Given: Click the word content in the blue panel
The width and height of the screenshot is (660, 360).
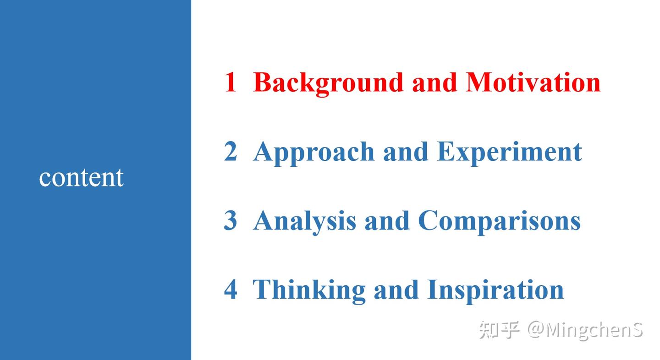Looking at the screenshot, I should pyautogui.click(x=81, y=178).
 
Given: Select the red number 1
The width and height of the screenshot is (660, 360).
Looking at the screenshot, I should pyautogui.click(x=230, y=82).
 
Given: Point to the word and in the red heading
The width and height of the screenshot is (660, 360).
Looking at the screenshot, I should pyautogui.click(x=434, y=82).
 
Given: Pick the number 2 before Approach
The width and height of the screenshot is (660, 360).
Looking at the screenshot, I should pyautogui.click(x=231, y=152).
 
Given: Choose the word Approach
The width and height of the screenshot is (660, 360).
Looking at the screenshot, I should pyautogui.click(x=313, y=153).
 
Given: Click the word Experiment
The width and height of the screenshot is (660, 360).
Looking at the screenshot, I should pyautogui.click(x=509, y=153).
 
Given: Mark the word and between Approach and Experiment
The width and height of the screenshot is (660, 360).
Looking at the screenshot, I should pyautogui.click(x=406, y=152).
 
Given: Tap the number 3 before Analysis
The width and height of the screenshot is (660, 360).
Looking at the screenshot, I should pyautogui.click(x=231, y=220).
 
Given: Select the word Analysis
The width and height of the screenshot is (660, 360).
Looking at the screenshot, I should pyautogui.click(x=304, y=221).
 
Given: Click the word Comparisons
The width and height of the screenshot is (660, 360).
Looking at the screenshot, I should pyautogui.click(x=499, y=221).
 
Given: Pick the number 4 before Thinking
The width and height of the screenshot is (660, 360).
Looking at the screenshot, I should pyautogui.click(x=231, y=289).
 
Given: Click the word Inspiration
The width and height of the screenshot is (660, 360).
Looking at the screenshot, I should pyautogui.click(x=495, y=290).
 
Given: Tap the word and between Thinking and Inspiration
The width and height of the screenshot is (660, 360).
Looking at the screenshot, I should pyautogui.click(x=396, y=289).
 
